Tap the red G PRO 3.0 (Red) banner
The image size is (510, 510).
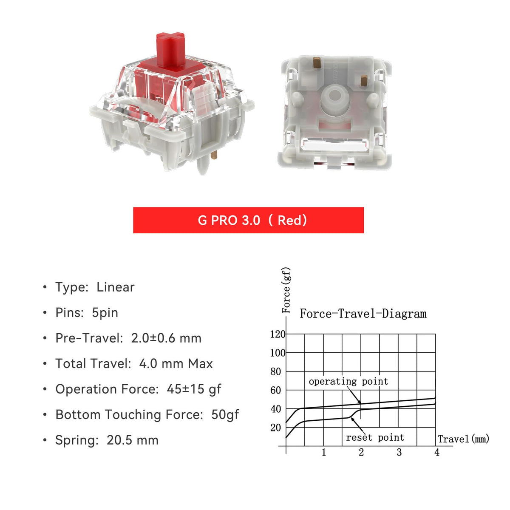[x=248, y=220]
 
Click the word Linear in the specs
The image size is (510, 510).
[x=116, y=287]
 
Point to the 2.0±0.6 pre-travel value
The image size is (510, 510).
[x=153, y=338]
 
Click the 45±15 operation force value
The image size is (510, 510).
[x=186, y=389]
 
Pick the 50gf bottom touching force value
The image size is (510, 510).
[x=225, y=415]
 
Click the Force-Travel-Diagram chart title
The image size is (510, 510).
[x=363, y=314]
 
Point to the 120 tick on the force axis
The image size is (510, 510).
[x=278, y=334]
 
